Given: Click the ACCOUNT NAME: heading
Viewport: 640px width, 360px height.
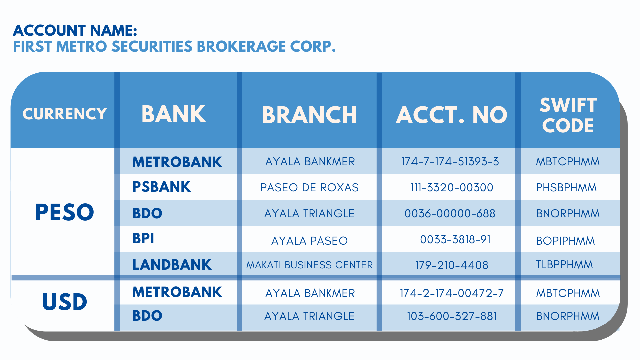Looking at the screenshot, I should click(75, 30).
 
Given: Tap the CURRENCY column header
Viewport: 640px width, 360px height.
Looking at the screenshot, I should click(65, 114).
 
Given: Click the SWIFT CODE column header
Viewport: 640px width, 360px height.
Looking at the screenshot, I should click(568, 115).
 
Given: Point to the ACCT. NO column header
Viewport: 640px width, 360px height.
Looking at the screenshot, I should click(451, 115).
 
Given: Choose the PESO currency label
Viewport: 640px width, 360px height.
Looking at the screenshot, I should click(65, 212).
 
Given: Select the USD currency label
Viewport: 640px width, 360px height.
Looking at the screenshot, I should click(65, 302).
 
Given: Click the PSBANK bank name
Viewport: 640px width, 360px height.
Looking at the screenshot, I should click(161, 187).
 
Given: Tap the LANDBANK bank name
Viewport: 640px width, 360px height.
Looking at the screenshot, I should click(172, 265).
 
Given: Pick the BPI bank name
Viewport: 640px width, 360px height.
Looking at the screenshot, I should click(143, 239).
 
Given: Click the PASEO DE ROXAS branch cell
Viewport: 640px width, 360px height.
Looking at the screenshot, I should click(309, 187).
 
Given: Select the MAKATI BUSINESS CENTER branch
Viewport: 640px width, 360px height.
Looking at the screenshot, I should click(309, 265).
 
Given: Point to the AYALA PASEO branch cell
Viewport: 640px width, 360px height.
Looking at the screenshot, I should click(309, 241).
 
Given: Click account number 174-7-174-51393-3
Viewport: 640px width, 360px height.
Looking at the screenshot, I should click(450, 162).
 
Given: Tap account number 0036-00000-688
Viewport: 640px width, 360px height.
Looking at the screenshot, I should click(450, 213).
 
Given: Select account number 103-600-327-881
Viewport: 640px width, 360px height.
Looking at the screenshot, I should click(452, 316).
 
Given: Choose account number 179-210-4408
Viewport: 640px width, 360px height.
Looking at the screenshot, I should click(452, 265).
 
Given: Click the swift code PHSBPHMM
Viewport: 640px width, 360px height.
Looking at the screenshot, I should click(566, 188).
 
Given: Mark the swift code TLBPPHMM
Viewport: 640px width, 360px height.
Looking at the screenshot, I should click(564, 265).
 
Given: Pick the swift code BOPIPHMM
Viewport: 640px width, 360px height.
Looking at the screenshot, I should click(565, 241).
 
